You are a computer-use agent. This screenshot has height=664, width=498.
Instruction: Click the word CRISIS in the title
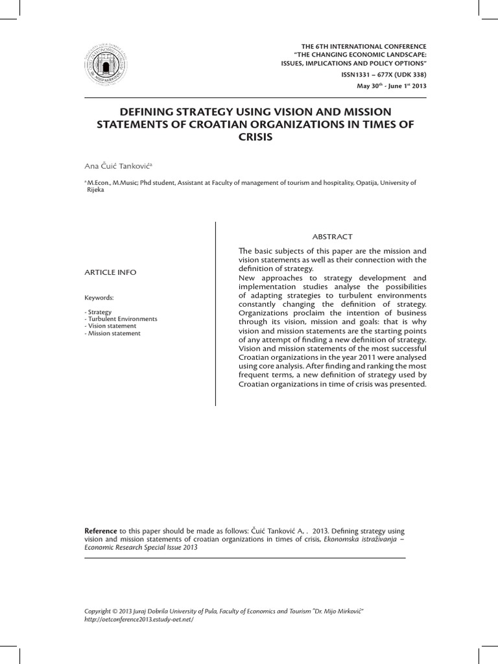(249, 139)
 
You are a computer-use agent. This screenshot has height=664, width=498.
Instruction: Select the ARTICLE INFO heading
(111, 272)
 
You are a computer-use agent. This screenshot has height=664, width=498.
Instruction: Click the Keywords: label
(99, 298)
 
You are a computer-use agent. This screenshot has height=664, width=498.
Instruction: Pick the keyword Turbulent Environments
(121, 319)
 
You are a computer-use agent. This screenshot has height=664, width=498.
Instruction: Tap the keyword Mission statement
(113, 333)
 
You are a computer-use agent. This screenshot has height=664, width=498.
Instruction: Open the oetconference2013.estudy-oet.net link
(139, 619)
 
